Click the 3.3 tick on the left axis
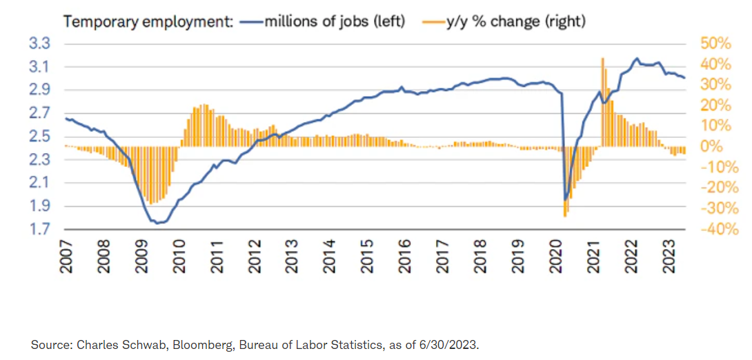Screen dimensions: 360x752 click(41, 43)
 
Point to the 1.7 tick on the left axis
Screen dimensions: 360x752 click(41, 229)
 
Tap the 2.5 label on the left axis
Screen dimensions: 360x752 click(41, 137)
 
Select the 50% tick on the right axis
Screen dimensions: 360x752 click(715, 43)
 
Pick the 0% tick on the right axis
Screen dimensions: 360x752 click(711, 146)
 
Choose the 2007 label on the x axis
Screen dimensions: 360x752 click(66, 256)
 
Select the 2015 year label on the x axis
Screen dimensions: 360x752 click(366, 256)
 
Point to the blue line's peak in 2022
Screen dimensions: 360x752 click(636, 59)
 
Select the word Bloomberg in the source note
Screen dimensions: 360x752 click(206, 344)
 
